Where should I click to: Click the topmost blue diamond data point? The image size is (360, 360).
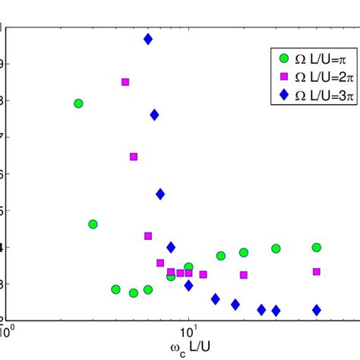point(148,39)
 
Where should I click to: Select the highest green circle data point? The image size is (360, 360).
point(78,103)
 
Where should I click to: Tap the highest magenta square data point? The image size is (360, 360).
point(125,82)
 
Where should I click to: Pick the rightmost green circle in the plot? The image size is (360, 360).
point(317,247)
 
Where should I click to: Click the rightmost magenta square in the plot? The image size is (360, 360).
point(317,271)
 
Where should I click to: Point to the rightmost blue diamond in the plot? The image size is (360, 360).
point(317,310)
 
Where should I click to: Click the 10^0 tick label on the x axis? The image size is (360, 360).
point(8,332)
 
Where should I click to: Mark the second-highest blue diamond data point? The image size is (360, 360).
point(154,115)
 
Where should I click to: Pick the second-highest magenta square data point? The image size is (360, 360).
point(134,156)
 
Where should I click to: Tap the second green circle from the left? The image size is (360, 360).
point(93,224)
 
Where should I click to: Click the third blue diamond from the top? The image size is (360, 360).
point(160,194)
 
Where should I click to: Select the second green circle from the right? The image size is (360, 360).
point(276,248)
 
